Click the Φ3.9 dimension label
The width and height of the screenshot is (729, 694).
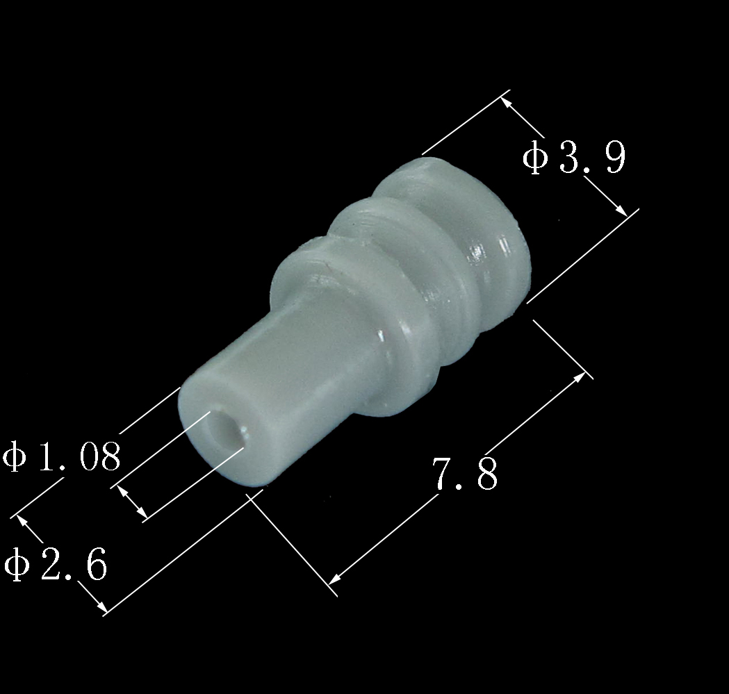click(574, 158)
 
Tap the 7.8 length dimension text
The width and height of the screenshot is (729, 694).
click(466, 474)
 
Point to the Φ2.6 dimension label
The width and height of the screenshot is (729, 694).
click(56, 564)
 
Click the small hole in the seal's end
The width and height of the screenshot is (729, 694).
click(227, 431)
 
